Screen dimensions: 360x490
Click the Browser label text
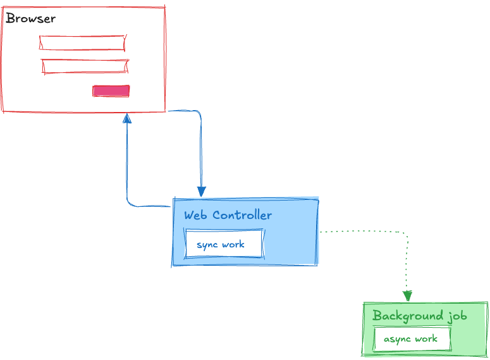point(30,18)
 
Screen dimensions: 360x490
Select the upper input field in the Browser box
point(82,42)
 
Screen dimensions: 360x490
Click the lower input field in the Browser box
point(85,66)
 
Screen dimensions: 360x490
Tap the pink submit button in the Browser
point(111,90)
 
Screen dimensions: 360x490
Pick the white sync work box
point(224,244)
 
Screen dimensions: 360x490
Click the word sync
point(207,245)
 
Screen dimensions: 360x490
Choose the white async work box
point(412,339)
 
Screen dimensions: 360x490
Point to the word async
point(397,339)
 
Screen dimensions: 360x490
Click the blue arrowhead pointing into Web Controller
point(201,192)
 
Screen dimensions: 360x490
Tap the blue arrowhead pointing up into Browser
point(127,118)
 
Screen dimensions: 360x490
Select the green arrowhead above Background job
point(408,296)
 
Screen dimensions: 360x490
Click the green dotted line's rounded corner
point(405,235)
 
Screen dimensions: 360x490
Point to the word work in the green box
point(426,339)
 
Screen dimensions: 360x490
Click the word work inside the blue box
point(233,245)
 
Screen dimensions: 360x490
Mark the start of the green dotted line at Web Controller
point(321,232)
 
